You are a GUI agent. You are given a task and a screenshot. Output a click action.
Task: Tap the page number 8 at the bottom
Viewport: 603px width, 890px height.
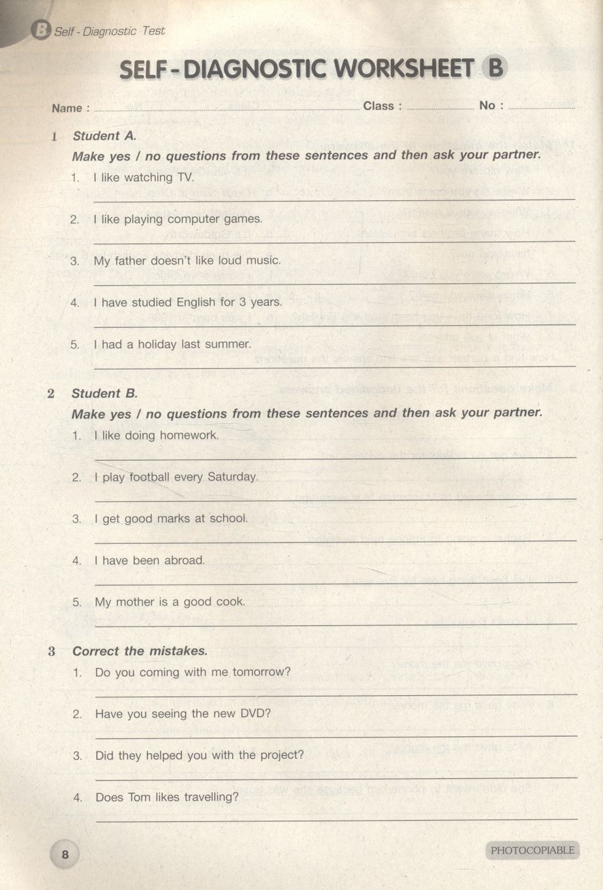point(65,854)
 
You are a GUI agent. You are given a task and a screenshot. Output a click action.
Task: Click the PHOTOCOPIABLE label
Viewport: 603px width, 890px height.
point(533,850)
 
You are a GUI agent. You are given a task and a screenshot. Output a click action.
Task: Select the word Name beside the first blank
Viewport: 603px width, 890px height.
point(67,108)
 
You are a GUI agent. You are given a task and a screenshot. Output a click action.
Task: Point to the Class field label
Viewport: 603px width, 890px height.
point(379,106)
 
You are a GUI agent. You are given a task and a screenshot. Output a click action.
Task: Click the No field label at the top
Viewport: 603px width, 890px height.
point(487,106)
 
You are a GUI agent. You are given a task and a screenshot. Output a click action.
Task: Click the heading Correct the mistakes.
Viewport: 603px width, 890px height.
point(140,651)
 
